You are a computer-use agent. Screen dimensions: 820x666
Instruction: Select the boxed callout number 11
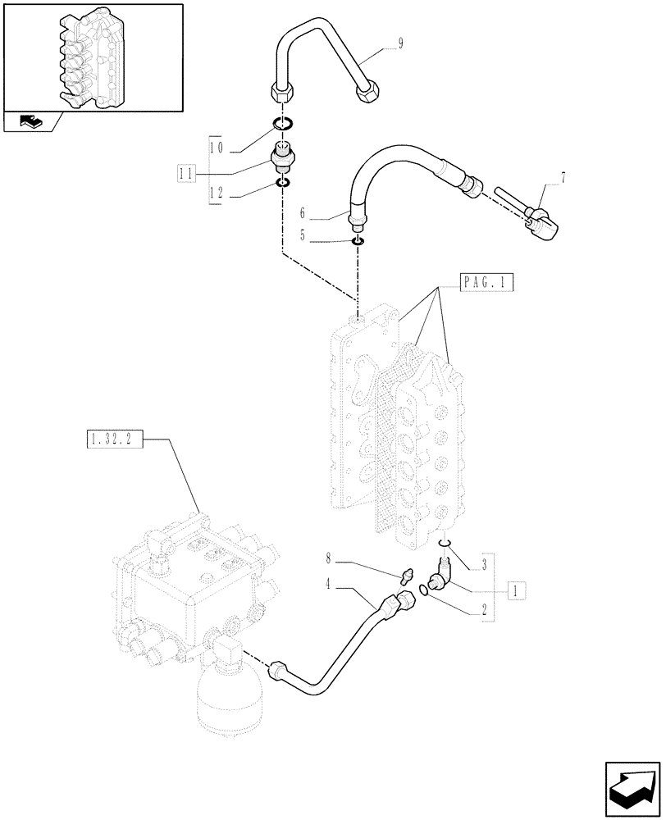(x=187, y=172)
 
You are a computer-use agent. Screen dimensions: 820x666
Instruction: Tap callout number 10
(x=217, y=148)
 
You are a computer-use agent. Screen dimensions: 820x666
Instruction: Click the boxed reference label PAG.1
(x=486, y=284)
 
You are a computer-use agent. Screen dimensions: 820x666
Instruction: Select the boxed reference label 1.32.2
(x=113, y=440)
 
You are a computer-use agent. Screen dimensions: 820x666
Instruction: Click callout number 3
(x=485, y=564)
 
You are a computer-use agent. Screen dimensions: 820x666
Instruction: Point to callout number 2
(x=485, y=609)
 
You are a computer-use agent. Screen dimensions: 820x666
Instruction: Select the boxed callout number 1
(x=514, y=588)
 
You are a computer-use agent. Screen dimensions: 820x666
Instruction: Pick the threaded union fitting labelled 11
(x=282, y=156)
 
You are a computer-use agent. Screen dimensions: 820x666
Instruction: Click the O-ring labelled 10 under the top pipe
(x=281, y=124)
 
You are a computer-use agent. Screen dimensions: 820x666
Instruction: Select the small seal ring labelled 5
(x=358, y=240)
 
